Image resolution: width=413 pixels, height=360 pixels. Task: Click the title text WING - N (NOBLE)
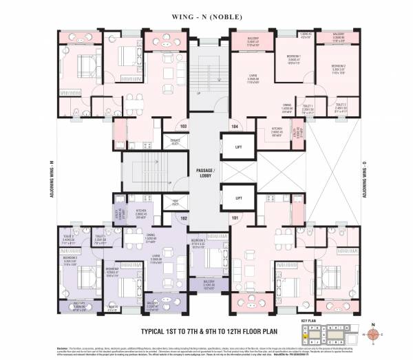pyautogui.click(x=206, y=12)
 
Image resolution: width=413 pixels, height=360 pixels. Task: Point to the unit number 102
pyautogui.click(x=183, y=218)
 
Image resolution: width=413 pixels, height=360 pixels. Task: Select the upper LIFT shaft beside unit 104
pyautogui.click(x=238, y=147)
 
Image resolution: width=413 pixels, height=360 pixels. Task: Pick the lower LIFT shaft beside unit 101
pyautogui.click(x=238, y=197)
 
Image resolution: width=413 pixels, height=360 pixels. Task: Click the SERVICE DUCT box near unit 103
pyautogui.click(x=175, y=142)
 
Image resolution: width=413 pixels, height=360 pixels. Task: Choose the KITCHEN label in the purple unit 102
pyautogui.click(x=142, y=212)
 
